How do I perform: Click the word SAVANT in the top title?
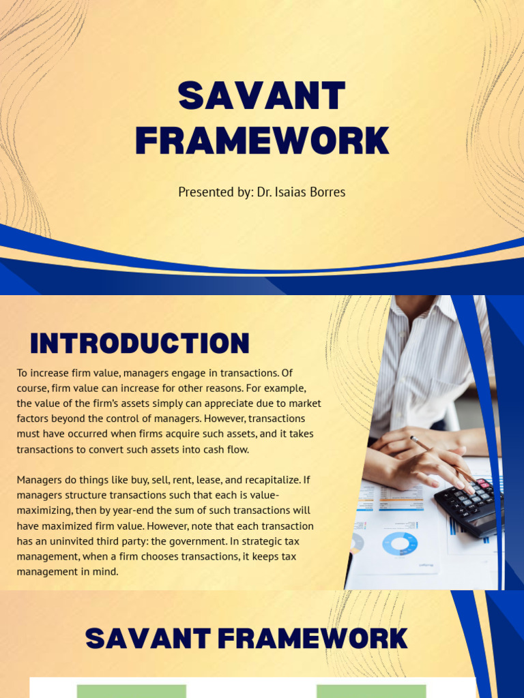pyautogui.click(x=261, y=96)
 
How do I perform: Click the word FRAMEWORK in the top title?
pyautogui.click(x=261, y=140)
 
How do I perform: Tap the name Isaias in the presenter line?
pyautogui.click(x=295, y=192)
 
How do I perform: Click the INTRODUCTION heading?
pyautogui.click(x=140, y=344)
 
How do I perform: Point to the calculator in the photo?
pyautogui.click(x=470, y=505)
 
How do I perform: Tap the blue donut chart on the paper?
pyautogui.click(x=399, y=544)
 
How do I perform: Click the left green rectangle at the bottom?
pyautogui.click(x=131, y=691)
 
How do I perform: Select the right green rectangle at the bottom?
pyautogui.click(x=371, y=691)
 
